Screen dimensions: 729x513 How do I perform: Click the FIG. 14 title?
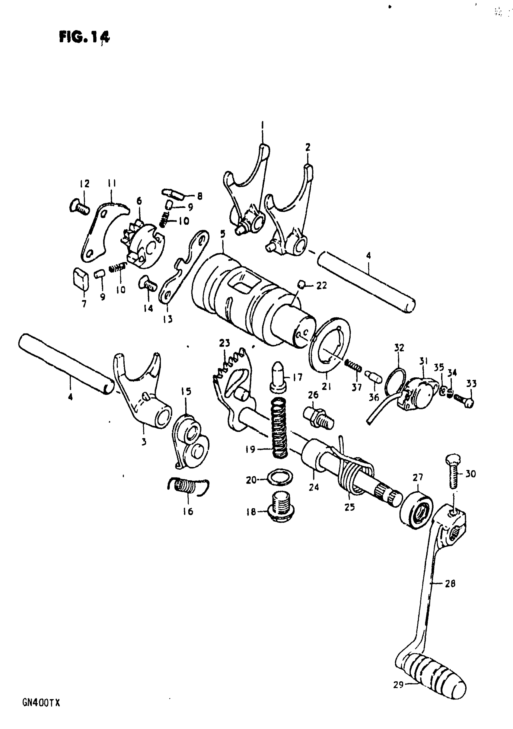click(84, 37)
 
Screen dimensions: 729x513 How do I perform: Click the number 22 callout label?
click(321, 286)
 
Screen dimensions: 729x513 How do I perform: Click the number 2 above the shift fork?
click(307, 148)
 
